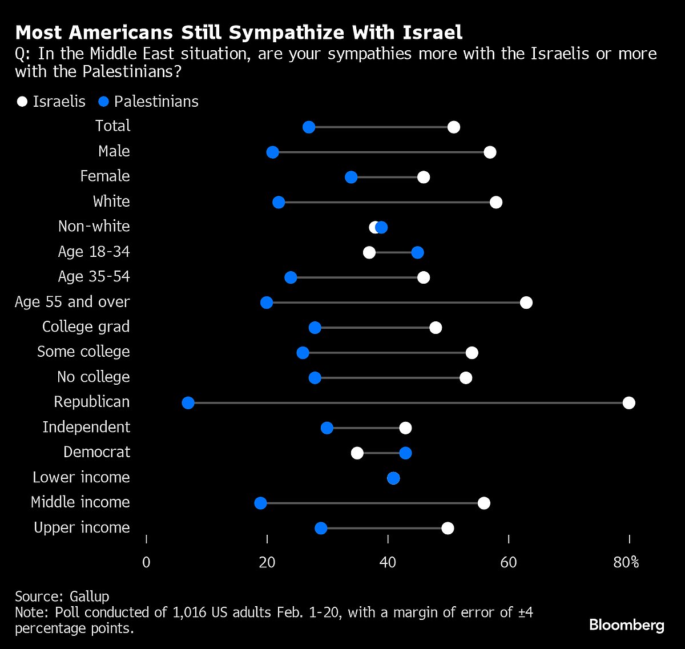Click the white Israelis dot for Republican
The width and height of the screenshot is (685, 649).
click(x=628, y=403)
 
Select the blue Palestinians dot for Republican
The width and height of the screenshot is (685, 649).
click(x=188, y=403)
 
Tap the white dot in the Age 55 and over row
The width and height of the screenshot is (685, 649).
click(x=526, y=303)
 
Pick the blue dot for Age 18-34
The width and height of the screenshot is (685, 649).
click(x=417, y=252)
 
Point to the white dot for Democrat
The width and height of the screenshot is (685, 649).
click(x=357, y=453)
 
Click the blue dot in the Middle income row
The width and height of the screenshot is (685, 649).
click(x=260, y=503)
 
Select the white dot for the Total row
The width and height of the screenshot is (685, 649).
click(x=454, y=127)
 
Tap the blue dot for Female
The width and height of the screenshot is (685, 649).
click(x=351, y=177)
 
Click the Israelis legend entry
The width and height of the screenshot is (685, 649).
click(x=51, y=102)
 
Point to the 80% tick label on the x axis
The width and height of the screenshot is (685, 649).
click(x=626, y=562)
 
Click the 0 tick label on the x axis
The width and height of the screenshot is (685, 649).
click(x=147, y=562)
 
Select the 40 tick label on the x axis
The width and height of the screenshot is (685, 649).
click(x=388, y=562)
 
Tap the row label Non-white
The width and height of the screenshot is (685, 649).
click(x=94, y=227)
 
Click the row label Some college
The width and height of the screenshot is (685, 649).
click(x=83, y=352)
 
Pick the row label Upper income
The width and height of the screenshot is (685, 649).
click(x=82, y=527)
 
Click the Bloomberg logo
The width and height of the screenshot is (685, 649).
click(x=626, y=625)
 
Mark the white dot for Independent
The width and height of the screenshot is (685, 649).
click(x=405, y=428)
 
